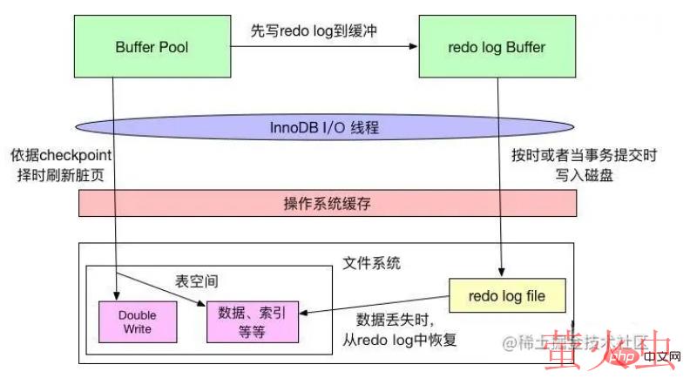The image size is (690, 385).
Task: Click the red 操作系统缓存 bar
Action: pyautogui.click(x=327, y=203)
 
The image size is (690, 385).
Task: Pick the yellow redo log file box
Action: pyautogui.click(x=506, y=296)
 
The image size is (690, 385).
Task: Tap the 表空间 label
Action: pyautogui.click(x=195, y=282)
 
